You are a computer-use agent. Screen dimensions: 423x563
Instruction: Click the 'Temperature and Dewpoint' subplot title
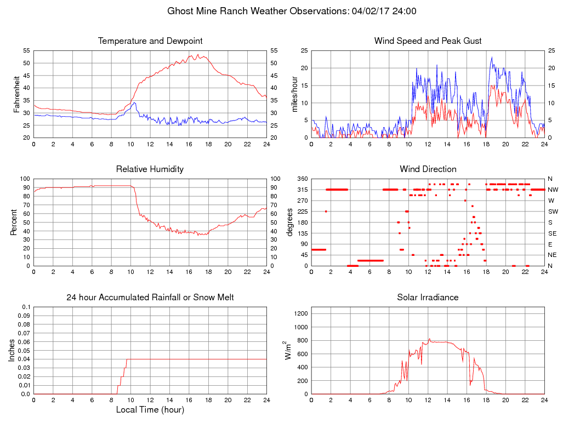pos(150,41)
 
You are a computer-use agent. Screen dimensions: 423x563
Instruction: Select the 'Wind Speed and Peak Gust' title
pos(428,41)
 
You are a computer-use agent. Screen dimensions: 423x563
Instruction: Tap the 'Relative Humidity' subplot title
pos(150,169)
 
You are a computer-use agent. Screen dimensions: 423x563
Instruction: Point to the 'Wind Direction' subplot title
pos(428,169)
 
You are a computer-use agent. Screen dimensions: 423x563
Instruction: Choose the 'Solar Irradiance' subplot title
pos(428,298)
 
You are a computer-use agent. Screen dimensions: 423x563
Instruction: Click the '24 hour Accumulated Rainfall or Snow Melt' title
pos(150,298)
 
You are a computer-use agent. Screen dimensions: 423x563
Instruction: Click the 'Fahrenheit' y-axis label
pos(16,94)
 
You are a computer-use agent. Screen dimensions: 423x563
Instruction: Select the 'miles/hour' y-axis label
pos(294,94)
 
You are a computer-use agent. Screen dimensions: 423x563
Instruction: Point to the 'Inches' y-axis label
pos(12,351)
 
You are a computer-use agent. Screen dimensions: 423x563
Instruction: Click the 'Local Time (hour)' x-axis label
pos(150,409)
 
